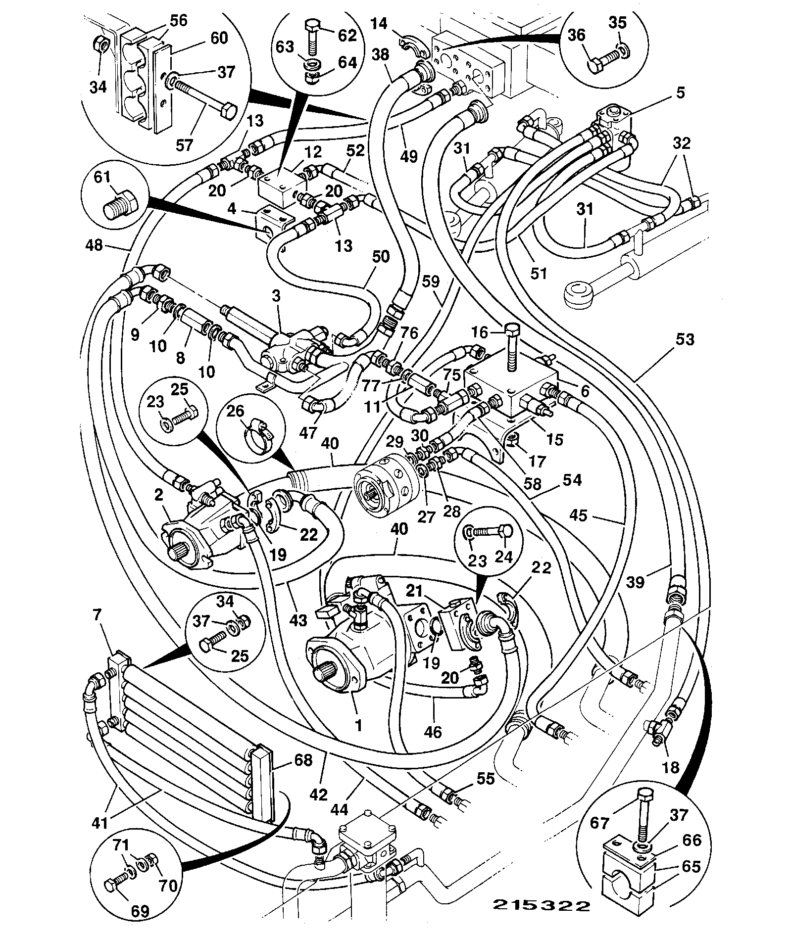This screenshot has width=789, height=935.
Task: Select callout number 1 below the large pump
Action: pyautogui.click(x=358, y=726)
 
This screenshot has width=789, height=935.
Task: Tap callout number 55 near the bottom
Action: pyautogui.click(x=485, y=778)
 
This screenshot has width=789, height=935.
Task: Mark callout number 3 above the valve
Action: pyautogui.click(x=276, y=296)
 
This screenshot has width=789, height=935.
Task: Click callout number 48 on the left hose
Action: pyautogui.click(x=94, y=244)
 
